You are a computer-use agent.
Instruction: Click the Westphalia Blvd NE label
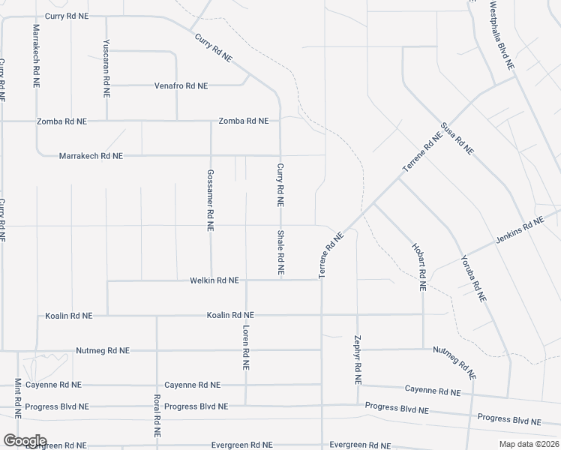pyautogui.click(x=501, y=35)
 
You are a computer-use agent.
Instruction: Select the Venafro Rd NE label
pyautogui.click(x=181, y=86)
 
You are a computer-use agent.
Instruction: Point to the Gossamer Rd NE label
pyautogui.click(x=211, y=198)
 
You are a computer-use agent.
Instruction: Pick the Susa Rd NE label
pyautogui.click(x=457, y=138)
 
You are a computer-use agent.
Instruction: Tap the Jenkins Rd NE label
pyautogui.click(x=519, y=231)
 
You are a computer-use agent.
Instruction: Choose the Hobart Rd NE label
pyautogui.click(x=418, y=266)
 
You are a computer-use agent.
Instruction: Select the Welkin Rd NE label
pyautogui.click(x=214, y=280)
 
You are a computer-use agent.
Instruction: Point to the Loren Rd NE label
pyautogui.click(x=245, y=347)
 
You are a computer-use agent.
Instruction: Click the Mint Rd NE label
pyautogui.click(x=18, y=397)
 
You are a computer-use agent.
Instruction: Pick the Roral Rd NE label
pyautogui.click(x=157, y=416)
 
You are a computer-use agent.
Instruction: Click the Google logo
pyautogui.click(x=25, y=441)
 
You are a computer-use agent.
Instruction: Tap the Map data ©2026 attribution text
pyautogui.click(x=529, y=444)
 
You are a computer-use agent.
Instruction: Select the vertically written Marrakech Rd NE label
pyautogui.click(x=36, y=56)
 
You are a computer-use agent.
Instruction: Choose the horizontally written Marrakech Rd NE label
pyautogui.click(x=90, y=156)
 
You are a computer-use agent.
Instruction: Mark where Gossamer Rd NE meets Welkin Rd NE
pyautogui.click(x=211, y=280)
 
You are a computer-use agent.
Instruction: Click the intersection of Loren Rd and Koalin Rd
pyautogui.click(x=246, y=315)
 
